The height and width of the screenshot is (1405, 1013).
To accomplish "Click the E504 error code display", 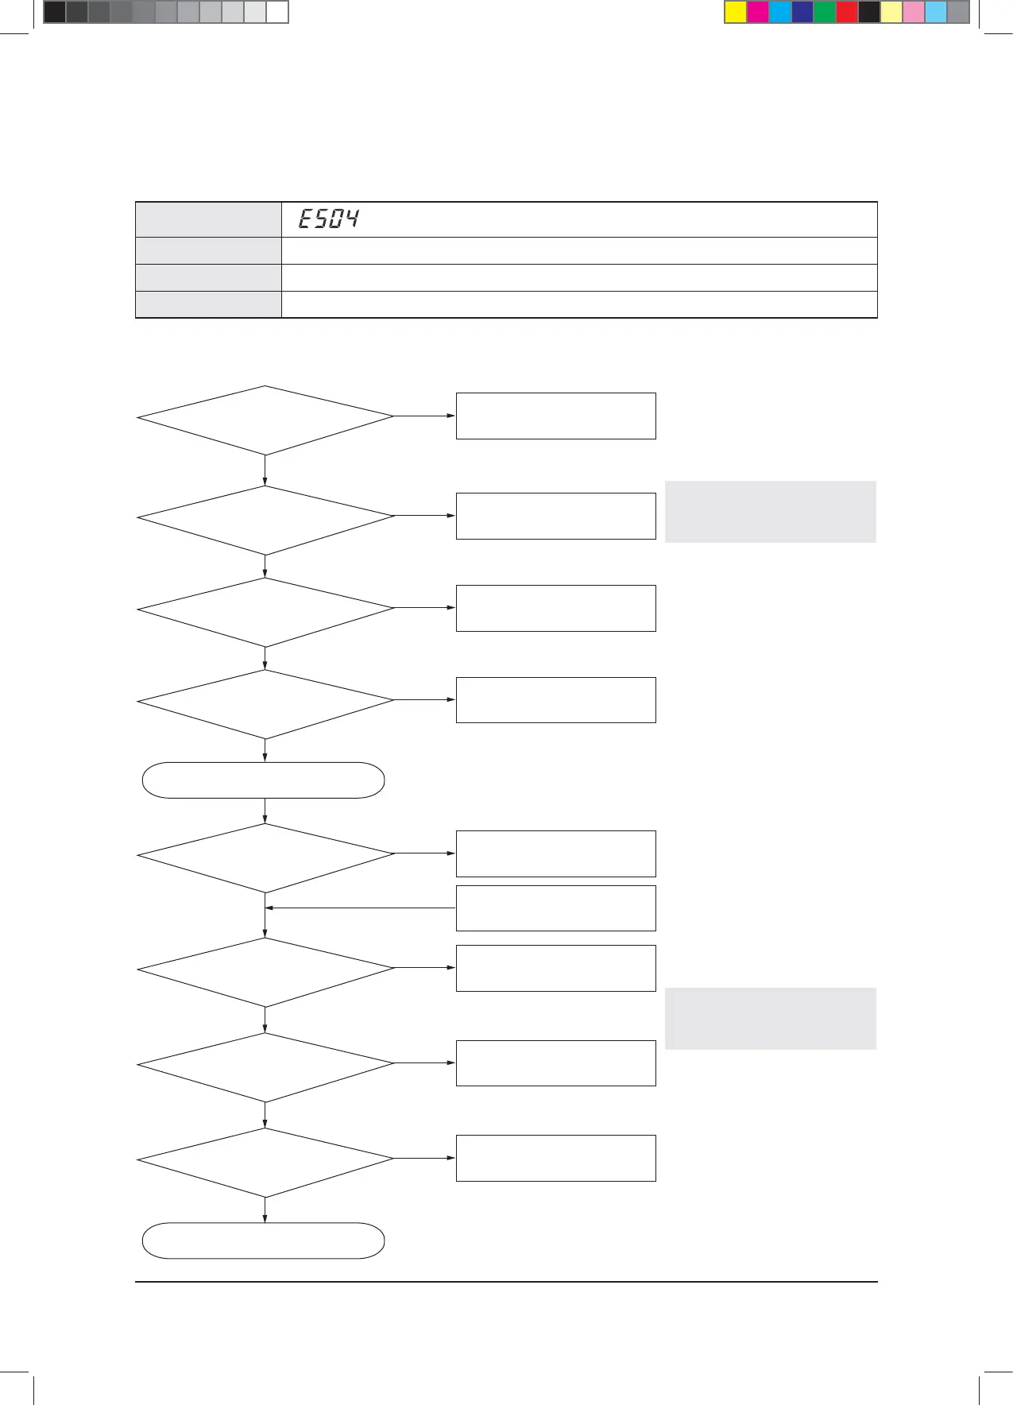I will pos(328,219).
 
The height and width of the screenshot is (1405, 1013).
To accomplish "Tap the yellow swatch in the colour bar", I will pos(736,13).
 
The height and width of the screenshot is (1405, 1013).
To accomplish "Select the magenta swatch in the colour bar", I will pos(758,13).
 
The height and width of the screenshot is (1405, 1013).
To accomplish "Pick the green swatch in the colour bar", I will pos(825,13).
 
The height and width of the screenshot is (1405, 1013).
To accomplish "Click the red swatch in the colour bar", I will pos(847,13).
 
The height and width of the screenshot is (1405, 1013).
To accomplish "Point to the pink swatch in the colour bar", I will pos(914,13).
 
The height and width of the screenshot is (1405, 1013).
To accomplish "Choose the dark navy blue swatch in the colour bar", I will pos(802,13).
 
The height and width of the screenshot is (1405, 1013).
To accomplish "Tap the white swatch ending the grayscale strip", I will pos(276,13).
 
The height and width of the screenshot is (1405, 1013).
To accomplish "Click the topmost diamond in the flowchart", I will pos(265,420).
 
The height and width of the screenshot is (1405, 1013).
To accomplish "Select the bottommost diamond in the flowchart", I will pos(265,1163).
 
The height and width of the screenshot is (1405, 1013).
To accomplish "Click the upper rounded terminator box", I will pos(263,780).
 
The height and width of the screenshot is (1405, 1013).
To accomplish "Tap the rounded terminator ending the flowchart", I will pos(263,1241).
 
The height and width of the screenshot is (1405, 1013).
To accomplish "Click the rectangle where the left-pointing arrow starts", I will pos(555,908).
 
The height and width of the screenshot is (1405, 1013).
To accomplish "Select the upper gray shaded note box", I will pos(770,512).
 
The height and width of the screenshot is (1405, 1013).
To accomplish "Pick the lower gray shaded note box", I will pos(770,1019).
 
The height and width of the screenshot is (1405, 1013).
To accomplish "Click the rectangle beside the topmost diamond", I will pos(555,416).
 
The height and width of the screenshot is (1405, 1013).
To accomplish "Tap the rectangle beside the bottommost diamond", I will pos(555,1158).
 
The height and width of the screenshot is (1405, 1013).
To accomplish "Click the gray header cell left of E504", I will pos(208,219).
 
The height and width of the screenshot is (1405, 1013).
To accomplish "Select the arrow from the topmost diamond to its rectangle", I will pos(424,416).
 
